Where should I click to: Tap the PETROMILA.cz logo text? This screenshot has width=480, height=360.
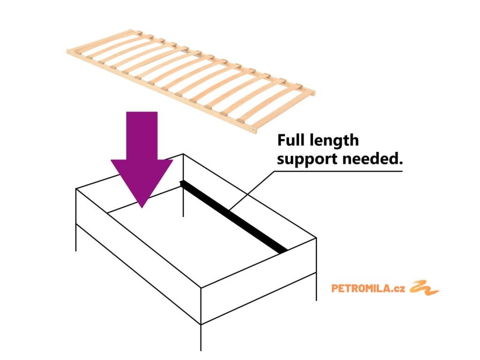point(361,288)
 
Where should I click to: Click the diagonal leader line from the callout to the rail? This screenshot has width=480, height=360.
point(251,189)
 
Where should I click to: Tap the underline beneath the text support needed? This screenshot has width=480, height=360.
point(337,171)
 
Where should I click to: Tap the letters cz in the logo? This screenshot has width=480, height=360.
point(399,288)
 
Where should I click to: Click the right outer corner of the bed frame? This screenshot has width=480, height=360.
point(316,239)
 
